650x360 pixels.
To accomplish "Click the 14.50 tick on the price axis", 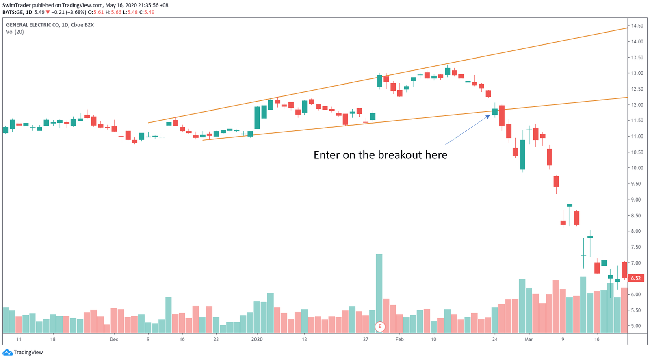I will (637, 26).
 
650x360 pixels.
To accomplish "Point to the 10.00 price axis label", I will (637, 168).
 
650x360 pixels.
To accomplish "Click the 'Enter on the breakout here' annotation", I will (380, 155).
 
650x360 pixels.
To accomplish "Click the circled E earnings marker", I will (380, 326).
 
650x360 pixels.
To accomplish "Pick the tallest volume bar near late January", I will (379, 293).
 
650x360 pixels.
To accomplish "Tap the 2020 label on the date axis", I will (257, 339).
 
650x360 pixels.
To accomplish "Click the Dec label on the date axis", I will (114, 339).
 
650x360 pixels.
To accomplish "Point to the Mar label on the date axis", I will (529, 339).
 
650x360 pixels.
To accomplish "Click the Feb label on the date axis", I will (399, 339).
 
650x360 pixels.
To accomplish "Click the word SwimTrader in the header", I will (17, 5).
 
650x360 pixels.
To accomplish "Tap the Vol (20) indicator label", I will (15, 32).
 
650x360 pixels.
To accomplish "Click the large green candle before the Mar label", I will (522, 154).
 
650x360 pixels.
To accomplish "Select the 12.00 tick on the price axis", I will (637, 105).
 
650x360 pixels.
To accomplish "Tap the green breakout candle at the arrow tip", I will (495, 112).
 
